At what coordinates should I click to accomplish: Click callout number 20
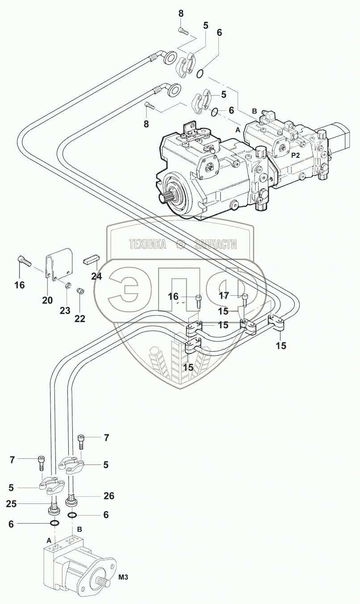click(48, 300)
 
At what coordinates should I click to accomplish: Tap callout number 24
click(96, 277)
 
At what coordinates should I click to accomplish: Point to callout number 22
click(80, 319)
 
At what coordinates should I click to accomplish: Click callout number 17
click(224, 295)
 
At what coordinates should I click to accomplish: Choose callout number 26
click(109, 495)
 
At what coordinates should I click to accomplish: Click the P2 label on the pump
click(296, 155)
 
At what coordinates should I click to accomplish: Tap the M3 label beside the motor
click(124, 577)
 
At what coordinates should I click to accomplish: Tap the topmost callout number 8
click(181, 13)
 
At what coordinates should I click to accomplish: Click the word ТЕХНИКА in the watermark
click(147, 244)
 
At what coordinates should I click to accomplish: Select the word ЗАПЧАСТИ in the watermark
click(216, 244)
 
